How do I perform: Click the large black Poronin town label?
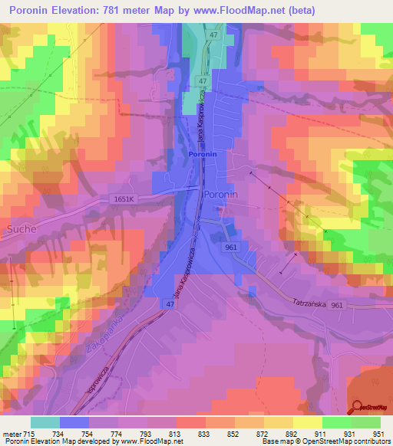[x=221, y=195]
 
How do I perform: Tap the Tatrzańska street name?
[x=309, y=303]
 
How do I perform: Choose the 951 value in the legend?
[x=378, y=434]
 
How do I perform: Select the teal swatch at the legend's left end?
[x=45, y=422]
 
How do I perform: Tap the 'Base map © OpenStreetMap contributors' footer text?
[x=325, y=441]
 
